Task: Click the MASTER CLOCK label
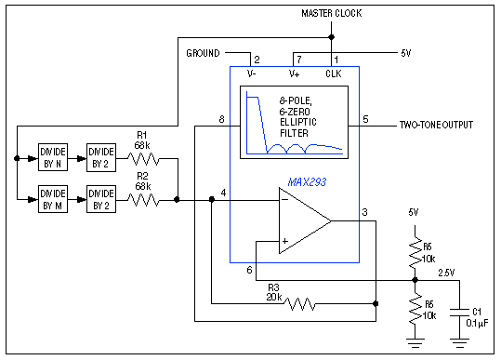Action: coord(331,13)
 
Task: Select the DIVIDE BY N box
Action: coord(54,155)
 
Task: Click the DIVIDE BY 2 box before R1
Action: coord(101,155)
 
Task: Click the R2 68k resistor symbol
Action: coord(142,199)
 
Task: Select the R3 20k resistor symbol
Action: coord(298,303)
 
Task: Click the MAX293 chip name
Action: coord(306,183)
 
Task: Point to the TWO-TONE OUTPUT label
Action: coord(436,124)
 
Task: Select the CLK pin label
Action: coord(333,73)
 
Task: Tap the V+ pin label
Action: coord(294,73)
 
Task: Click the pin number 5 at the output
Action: coord(365,119)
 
